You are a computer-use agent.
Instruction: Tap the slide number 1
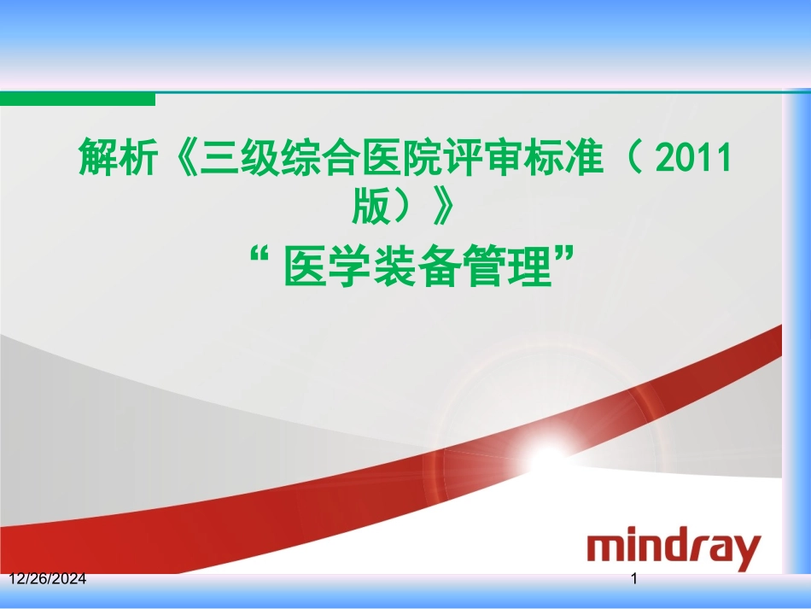click(x=634, y=580)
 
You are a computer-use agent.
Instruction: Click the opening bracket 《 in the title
click(x=178, y=159)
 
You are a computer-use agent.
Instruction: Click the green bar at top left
click(x=77, y=99)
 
